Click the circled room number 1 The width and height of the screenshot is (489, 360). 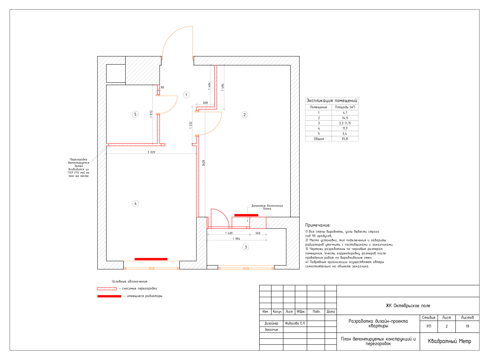(x=186, y=95)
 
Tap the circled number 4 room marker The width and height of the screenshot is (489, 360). (x=135, y=204)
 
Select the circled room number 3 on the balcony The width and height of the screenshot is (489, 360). (x=246, y=247)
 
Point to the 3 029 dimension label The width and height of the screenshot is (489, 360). (x=151, y=152)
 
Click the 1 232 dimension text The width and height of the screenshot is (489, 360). (x=191, y=125)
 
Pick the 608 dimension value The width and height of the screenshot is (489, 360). (x=205, y=103)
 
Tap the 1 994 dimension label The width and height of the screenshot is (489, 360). (x=237, y=239)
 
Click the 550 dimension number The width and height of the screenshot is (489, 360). (x=258, y=233)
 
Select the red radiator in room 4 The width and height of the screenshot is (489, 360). (x=151, y=259)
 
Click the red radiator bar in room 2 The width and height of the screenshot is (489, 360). (x=246, y=215)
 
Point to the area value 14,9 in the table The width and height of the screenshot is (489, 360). (x=345, y=118)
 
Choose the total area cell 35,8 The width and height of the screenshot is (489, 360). (x=345, y=139)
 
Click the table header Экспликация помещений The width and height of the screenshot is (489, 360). (x=332, y=101)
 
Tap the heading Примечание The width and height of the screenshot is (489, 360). (x=318, y=225)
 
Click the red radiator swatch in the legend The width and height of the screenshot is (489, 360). (x=109, y=296)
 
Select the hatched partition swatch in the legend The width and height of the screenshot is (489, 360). (x=107, y=289)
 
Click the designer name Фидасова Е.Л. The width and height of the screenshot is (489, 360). (x=295, y=323)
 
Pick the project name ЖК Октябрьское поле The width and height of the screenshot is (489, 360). (x=408, y=306)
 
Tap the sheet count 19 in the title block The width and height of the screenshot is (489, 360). (x=467, y=326)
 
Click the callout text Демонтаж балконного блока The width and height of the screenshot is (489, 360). (x=267, y=207)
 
